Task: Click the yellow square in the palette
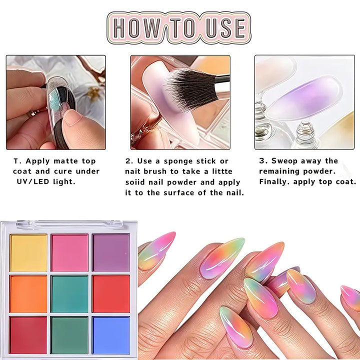tap(28, 252)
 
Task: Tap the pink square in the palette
tap(69, 252)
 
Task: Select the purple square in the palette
tap(111, 252)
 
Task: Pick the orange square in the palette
tap(28, 294)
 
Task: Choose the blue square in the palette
tap(111, 335)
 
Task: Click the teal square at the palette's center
tap(69, 294)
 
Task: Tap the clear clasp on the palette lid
tap(69, 224)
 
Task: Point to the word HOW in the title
tap(137, 28)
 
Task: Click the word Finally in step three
tap(273, 182)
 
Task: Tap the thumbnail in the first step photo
tap(72, 117)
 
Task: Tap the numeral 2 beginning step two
tap(128, 161)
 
